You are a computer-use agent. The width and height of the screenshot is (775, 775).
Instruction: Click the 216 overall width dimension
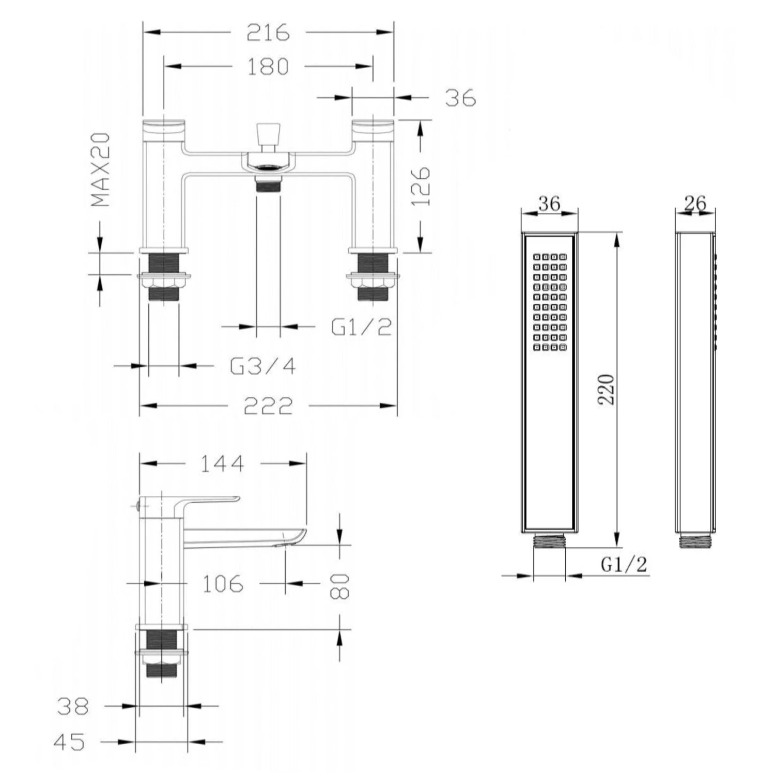(268, 33)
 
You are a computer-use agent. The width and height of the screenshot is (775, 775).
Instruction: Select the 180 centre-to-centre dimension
(268, 67)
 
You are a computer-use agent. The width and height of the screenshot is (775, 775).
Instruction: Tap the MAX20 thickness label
(101, 170)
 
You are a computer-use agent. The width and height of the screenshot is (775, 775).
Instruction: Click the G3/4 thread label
(263, 366)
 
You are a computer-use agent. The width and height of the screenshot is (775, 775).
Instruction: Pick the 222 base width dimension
(268, 406)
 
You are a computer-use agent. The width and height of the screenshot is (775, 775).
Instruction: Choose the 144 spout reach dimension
(222, 463)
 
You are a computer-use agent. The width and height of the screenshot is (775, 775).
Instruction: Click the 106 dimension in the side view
(222, 584)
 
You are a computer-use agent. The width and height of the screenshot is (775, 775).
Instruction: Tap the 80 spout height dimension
(340, 586)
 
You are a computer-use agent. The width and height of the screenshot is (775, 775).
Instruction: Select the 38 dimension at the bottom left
(73, 706)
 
